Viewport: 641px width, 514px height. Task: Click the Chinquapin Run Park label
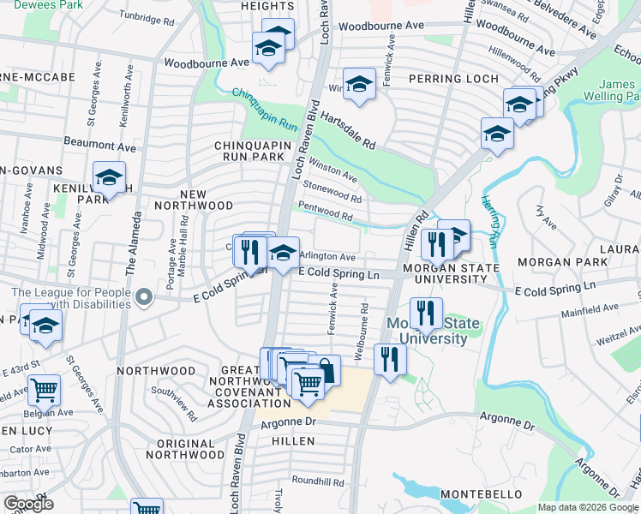(249, 152)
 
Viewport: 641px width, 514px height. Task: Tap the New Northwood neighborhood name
(193, 200)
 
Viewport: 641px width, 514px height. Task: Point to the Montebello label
(482, 494)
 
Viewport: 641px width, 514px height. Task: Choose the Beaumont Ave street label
(99, 146)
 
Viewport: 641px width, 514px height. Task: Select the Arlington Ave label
(327, 256)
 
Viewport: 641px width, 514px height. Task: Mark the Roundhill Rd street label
(316, 481)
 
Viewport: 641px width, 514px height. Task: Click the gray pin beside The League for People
(144, 299)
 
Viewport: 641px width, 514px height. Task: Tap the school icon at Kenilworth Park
(109, 177)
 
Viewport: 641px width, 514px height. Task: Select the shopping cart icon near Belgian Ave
(44, 390)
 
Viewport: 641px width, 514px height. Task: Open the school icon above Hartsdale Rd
(359, 84)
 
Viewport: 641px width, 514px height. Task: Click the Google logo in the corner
(28, 504)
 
